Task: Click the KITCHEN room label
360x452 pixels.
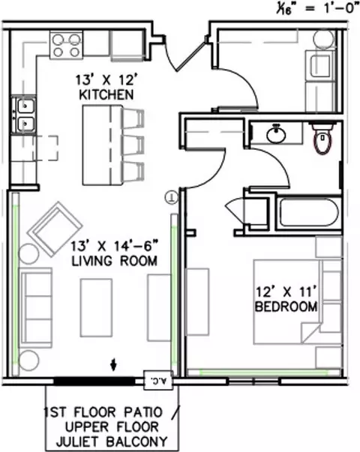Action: (106, 95)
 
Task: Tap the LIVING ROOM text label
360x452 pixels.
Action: (115, 261)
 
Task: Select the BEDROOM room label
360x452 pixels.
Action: (286, 307)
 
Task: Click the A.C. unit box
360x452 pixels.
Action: (158, 380)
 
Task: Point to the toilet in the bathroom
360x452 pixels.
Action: (322, 138)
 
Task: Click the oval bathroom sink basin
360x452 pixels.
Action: (276, 135)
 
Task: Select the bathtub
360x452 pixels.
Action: (309, 212)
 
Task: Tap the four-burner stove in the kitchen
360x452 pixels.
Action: (66, 45)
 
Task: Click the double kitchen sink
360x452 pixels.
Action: (24, 115)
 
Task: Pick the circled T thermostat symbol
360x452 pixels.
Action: (172, 198)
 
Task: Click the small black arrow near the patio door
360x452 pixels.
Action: (114, 364)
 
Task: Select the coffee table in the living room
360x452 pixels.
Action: (96, 307)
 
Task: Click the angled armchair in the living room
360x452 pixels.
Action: (55, 229)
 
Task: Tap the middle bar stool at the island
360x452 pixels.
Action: (133, 145)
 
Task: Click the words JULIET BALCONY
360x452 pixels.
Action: (112, 442)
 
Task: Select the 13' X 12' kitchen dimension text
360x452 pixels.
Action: (105, 80)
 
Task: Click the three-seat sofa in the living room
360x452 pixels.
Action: (35, 307)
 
